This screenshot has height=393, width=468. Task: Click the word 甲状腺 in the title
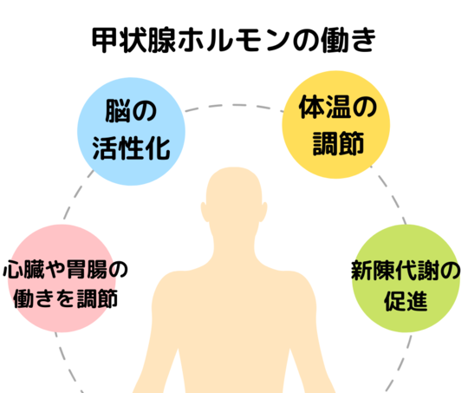(134, 41)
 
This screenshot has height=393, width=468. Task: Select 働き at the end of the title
(348, 41)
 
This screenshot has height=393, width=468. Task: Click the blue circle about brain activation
(132, 132)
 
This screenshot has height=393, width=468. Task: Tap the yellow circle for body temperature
(336, 125)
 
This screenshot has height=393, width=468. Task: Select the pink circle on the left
(62, 278)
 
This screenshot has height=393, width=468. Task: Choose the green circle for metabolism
(406, 278)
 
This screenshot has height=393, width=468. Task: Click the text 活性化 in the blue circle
(132, 148)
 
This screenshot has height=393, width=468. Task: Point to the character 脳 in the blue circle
(118, 111)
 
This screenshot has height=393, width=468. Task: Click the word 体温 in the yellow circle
(325, 107)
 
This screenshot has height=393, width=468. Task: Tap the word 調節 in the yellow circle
(338, 143)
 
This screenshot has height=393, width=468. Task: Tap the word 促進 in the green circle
(406, 301)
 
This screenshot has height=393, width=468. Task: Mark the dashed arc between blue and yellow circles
(234, 106)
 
